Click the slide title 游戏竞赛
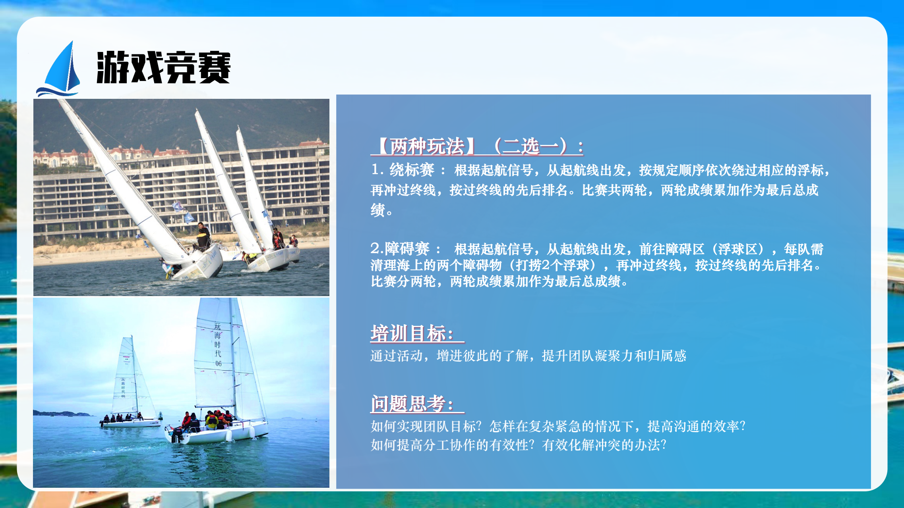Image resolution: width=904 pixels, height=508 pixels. (163, 67)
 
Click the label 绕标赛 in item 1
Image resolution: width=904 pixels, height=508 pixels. (412, 170)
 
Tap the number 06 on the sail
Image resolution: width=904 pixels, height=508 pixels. (219, 364)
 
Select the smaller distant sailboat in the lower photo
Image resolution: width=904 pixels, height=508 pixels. (130, 383)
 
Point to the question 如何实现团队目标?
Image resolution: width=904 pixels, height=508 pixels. (426, 426)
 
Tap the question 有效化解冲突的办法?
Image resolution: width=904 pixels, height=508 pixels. (604, 445)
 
